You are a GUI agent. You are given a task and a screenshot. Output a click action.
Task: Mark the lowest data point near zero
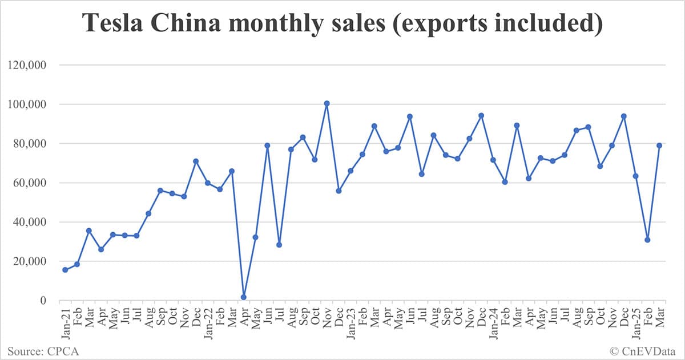coord(244,297)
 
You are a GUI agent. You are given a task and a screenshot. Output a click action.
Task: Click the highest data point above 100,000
coord(327,104)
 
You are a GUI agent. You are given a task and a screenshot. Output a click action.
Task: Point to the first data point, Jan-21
coord(65,270)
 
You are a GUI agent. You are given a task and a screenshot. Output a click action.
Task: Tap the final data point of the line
coord(659,145)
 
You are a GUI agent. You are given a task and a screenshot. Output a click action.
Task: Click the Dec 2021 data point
coord(196,161)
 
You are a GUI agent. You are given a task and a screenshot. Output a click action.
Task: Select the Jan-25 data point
coord(635,176)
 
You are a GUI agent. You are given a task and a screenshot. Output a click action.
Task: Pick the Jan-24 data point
coord(493,160)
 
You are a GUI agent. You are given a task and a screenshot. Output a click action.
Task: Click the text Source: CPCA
coord(43,351)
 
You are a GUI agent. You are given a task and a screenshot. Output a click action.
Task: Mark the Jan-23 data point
coord(350,171)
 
